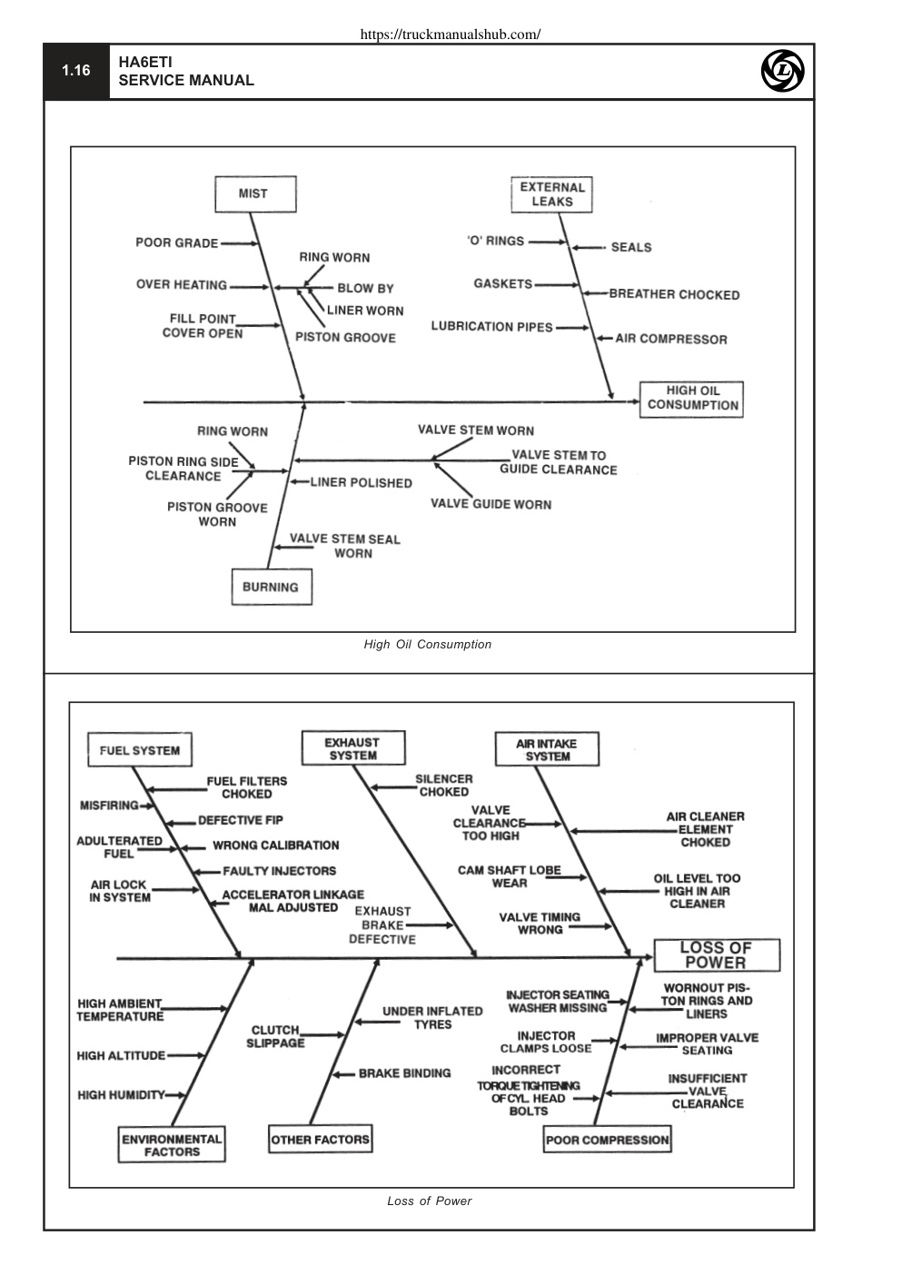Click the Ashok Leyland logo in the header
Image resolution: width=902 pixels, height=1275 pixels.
click(x=782, y=71)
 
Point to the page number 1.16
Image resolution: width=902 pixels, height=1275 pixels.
click(x=76, y=71)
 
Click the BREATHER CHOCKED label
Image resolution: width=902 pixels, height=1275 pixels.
click(x=674, y=294)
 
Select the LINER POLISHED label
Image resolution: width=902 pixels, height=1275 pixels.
click(x=361, y=483)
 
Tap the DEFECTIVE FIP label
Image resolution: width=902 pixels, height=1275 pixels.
click(x=241, y=820)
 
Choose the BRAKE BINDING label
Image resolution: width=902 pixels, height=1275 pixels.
click(x=404, y=1072)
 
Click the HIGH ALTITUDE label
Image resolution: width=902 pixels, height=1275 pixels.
click(x=122, y=1056)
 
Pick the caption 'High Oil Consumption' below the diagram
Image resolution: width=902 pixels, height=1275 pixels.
click(x=427, y=645)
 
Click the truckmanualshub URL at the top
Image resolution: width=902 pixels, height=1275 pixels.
click(x=451, y=35)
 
